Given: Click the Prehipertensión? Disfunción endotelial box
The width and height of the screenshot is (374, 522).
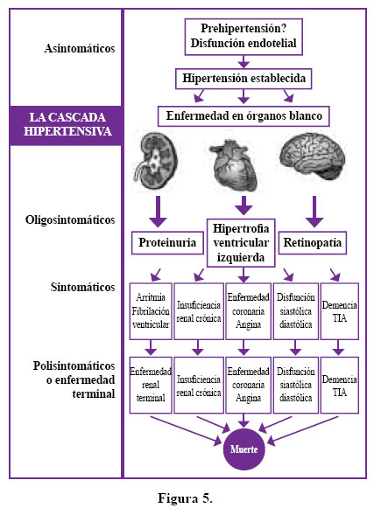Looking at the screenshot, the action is [x=243, y=37].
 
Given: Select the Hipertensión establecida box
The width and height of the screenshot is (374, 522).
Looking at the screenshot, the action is [x=243, y=79].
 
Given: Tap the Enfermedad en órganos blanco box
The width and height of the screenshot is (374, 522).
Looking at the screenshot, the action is [x=243, y=115].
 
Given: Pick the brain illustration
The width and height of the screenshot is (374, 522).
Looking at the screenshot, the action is [x=312, y=156].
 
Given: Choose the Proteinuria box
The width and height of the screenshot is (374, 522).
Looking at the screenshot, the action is [x=167, y=243].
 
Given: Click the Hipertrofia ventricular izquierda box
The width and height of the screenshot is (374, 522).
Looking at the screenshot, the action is [x=241, y=243].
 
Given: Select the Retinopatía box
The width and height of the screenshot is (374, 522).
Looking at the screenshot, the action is [x=313, y=243].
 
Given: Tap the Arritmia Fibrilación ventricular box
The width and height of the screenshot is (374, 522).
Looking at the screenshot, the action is [x=151, y=311].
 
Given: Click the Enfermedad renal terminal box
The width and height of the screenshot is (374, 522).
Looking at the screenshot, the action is [x=151, y=385].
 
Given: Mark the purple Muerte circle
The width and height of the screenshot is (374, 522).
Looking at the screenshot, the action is [x=244, y=449].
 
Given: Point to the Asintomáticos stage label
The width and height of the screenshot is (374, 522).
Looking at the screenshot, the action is [x=80, y=49].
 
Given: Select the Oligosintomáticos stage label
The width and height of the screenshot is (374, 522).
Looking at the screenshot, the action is [x=70, y=220].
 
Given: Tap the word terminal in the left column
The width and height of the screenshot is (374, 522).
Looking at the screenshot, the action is [x=94, y=393].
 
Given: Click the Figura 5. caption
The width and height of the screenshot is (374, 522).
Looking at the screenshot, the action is [x=185, y=498].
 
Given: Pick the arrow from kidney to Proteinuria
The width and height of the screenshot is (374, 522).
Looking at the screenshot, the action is [x=158, y=212].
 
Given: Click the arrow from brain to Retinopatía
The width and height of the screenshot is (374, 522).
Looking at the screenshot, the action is [x=314, y=212].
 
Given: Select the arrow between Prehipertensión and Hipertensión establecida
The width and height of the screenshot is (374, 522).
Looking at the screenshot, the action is [x=243, y=61].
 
